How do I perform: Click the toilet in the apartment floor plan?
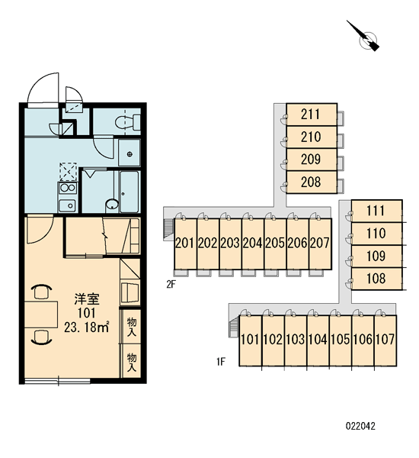click(x=128, y=122)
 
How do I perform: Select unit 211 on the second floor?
click(x=312, y=114)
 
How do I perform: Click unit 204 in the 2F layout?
click(x=253, y=244)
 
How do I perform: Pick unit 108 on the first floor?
click(x=376, y=279)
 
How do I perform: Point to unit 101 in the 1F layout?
click(x=250, y=340)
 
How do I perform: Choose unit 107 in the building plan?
click(x=385, y=340)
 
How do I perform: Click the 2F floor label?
click(x=171, y=284)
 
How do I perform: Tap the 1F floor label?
click(x=221, y=362)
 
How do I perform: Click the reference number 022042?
click(x=360, y=426)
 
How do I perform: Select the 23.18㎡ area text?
click(x=87, y=327)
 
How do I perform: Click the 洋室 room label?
click(x=87, y=299)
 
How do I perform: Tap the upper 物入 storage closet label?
click(x=132, y=327)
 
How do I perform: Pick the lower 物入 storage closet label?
click(x=132, y=362)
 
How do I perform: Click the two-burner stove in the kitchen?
click(x=68, y=188)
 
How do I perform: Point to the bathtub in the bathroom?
click(x=130, y=192)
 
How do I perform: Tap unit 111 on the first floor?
click(x=376, y=211)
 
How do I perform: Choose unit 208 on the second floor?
click(x=312, y=182)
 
